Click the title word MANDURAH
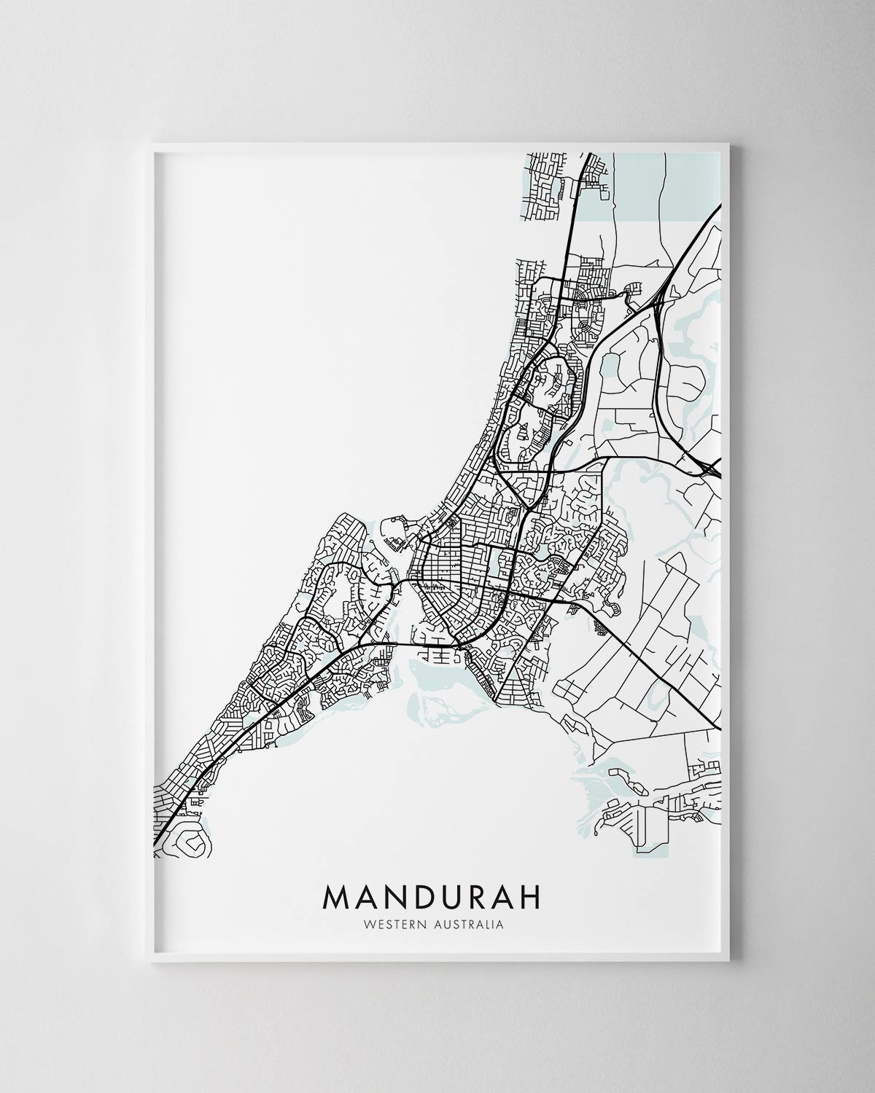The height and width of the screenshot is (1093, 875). (x=432, y=897)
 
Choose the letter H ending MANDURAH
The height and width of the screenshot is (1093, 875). (x=531, y=897)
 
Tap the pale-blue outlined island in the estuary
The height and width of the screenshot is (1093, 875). (x=433, y=710)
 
